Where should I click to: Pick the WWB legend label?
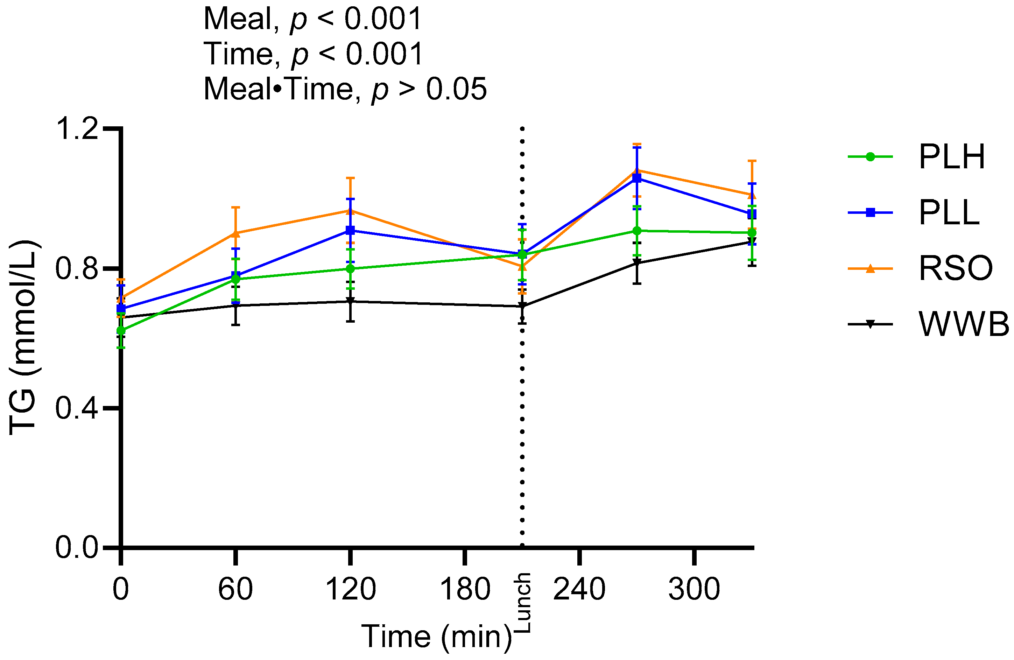(963, 324)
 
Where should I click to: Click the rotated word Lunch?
(523, 603)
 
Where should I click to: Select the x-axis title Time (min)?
(436, 637)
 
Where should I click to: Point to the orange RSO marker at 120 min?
(350, 210)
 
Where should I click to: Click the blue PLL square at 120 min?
(350, 231)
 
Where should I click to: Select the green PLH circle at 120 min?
(350, 268)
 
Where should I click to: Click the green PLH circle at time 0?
(121, 330)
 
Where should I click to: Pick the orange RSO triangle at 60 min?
(235, 233)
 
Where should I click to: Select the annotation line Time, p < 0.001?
(313, 54)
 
